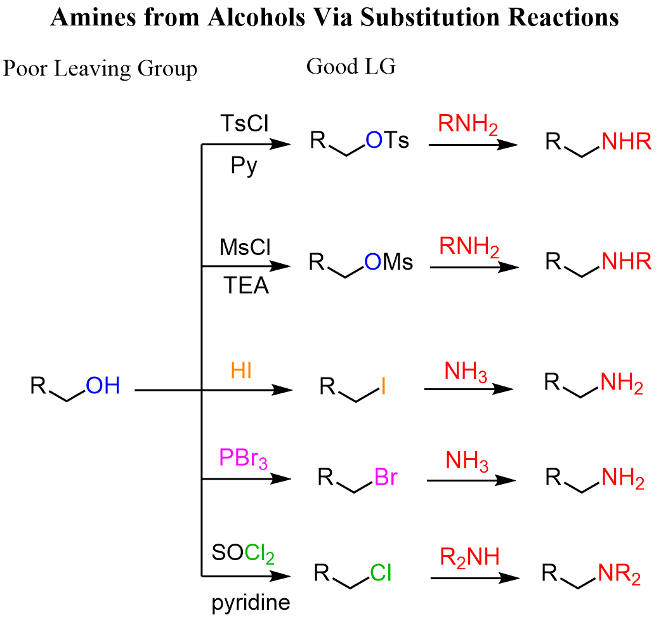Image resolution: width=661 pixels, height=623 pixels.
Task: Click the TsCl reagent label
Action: coord(244,122)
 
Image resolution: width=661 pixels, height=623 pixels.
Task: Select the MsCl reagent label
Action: coord(245,247)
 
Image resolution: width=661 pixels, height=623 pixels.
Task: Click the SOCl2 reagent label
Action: coord(244,556)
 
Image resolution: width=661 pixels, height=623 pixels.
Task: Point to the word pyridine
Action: coord(251,602)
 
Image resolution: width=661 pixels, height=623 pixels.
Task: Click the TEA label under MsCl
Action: coord(245,286)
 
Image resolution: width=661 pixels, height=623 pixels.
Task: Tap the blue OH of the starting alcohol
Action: coord(103,385)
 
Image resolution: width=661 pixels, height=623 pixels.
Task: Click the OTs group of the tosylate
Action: coord(387,141)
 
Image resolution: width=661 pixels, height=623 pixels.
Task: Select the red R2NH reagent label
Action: coord(470,558)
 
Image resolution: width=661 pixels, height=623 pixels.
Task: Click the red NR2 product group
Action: coord(620,576)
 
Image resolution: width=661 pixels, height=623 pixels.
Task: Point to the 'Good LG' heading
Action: coord(351,67)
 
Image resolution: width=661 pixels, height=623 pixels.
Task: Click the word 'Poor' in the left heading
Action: coord(25,69)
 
